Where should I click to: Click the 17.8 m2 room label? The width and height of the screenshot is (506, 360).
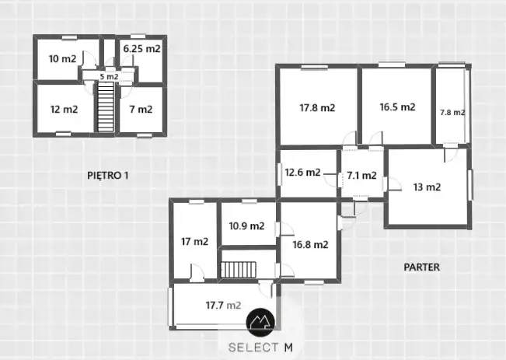(317, 107)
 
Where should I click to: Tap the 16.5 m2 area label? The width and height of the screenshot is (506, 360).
(397, 107)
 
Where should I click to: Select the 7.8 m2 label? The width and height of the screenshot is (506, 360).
(452, 113)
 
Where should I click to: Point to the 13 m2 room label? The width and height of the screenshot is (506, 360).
(427, 187)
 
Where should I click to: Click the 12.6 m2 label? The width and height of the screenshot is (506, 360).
(302, 172)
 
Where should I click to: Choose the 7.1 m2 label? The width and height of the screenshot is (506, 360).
(361, 175)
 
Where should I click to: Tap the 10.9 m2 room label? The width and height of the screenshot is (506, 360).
(247, 225)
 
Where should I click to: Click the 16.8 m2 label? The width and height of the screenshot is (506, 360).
(310, 244)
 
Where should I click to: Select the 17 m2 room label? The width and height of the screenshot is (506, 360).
(194, 241)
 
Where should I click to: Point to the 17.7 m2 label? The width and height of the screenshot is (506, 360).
(224, 305)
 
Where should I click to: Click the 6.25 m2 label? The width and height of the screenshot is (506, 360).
(142, 49)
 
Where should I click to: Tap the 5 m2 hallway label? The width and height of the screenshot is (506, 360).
(109, 77)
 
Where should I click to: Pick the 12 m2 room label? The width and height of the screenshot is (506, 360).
(65, 109)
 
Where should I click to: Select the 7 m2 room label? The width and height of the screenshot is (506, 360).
(141, 109)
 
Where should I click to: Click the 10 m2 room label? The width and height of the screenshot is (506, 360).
(63, 59)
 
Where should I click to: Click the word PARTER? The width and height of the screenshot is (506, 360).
(422, 267)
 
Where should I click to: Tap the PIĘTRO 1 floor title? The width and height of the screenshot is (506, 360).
(108, 175)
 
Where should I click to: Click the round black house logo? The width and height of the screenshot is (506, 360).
(260, 322)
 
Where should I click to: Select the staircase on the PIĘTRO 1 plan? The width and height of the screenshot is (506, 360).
(106, 107)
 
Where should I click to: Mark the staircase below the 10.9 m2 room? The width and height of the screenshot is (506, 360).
(239, 270)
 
